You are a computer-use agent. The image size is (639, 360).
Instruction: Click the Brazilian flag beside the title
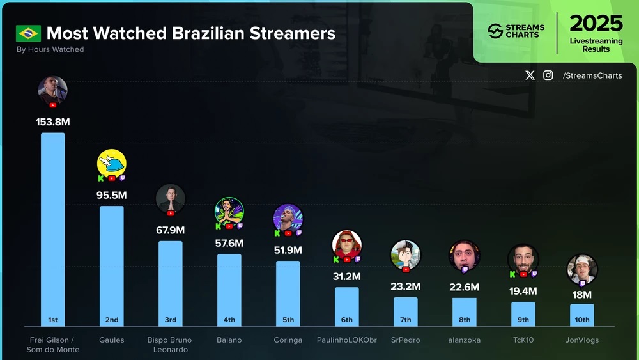[x=29, y=33]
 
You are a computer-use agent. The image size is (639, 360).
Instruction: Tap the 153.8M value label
[x=53, y=121]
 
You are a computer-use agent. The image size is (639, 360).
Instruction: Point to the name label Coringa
[x=288, y=340]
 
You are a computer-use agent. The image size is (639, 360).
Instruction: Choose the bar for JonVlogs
[x=581, y=313]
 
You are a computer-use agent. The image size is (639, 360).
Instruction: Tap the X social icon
[x=530, y=75]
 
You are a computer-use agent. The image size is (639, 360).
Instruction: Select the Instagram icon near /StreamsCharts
[x=548, y=75]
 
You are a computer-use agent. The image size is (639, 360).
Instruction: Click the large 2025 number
[x=596, y=24]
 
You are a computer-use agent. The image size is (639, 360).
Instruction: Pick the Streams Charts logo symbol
[x=495, y=31]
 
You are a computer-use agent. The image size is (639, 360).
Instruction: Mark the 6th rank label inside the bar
[x=346, y=320]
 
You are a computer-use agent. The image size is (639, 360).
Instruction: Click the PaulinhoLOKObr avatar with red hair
[x=347, y=244]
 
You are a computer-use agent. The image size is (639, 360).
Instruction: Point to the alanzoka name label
[x=465, y=340]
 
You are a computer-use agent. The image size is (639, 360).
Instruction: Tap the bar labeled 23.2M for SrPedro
[x=405, y=310]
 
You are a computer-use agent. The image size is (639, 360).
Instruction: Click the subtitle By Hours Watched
[x=50, y=49]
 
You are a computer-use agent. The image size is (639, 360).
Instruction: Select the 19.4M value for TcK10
[x=523, y=291]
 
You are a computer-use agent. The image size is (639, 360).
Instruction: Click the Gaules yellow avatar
[x=112, y=163]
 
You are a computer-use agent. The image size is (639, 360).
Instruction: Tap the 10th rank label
[x=582, y=320]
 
